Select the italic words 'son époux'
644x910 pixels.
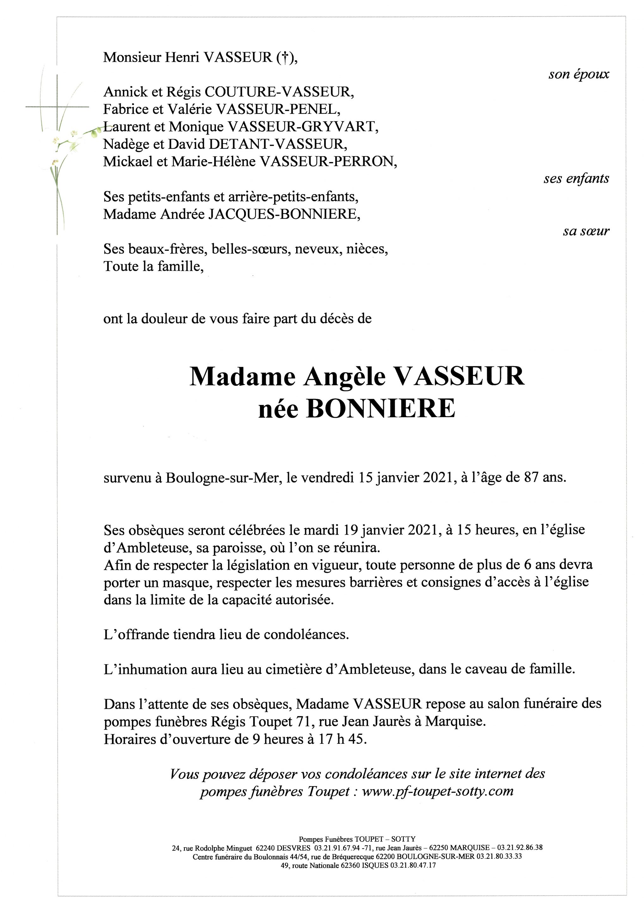click(x=579, y=74)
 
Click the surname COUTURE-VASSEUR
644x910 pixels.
click(x=277, y=92)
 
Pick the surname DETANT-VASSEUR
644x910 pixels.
click(x=278, y=144)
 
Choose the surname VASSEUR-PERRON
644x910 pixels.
click(x=327, y=161)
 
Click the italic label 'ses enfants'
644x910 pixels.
click(x=576, y=179)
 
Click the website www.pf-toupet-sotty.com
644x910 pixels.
click(x=438, y=792)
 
